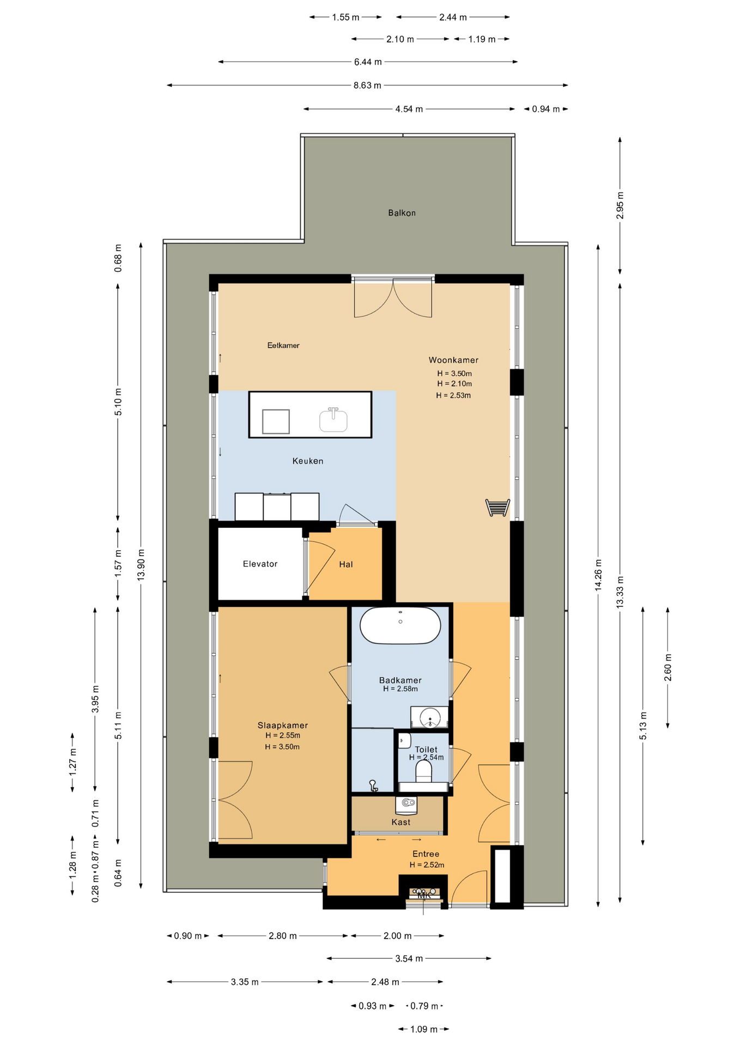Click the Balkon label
click(402, 213)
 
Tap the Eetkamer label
click(283, 345)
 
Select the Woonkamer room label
click(453, 360)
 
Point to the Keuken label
click(308, 461)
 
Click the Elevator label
click(260, 564)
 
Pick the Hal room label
click(346, 564)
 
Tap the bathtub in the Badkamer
click(401, 625)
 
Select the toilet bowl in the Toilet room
click(423, 771)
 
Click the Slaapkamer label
click(283, 725)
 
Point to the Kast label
click(401, 822)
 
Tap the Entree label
click(426, 854)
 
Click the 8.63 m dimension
click(367, 86)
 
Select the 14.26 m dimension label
click(598, 575)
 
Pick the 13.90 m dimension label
click(141, 564)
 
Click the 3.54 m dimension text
click(409, 958)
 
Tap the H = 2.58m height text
click(401, 689)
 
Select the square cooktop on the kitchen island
click(276, 421)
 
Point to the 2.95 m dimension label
click(620, 206)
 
